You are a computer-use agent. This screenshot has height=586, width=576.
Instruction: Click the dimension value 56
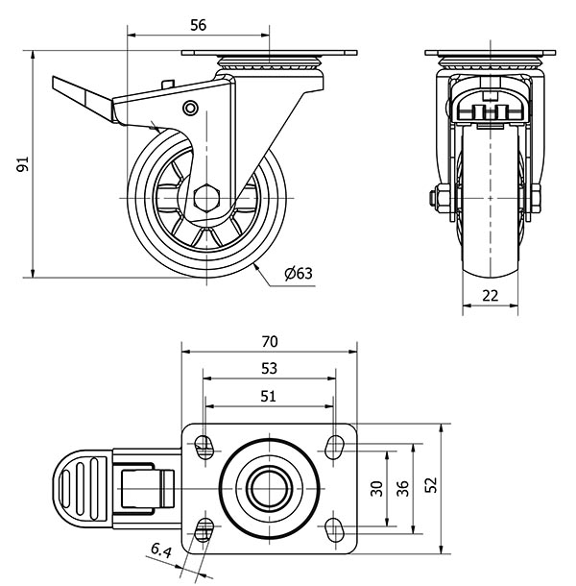198,26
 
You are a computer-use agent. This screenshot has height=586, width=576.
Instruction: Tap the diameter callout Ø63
299,274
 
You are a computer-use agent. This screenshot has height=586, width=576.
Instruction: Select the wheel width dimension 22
490,296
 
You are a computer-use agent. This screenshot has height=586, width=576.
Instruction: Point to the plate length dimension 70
269,341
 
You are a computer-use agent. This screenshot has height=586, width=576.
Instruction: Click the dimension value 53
269,367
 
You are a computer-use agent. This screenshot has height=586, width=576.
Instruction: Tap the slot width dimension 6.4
160,551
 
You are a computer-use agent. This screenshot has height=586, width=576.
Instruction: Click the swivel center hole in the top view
268,488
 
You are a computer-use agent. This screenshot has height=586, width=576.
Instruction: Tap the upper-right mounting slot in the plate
334,445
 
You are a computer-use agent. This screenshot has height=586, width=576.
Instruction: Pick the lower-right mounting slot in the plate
334,529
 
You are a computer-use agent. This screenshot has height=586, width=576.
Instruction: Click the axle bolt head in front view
434,200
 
